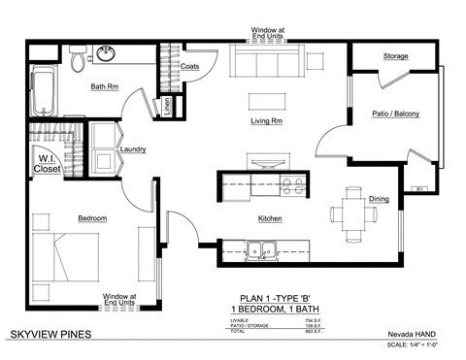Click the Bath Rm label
click(x=105, y=86)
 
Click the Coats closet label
click(x=191, y=66)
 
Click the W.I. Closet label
click(x=46, y=164)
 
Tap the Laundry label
click(x=132, y=149)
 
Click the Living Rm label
click(x=266, y=121)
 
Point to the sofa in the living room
click(x=258, y=64)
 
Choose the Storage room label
click(x=395, y=56)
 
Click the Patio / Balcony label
click(x=395, y=115)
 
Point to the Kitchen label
click(x=270, y=219)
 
